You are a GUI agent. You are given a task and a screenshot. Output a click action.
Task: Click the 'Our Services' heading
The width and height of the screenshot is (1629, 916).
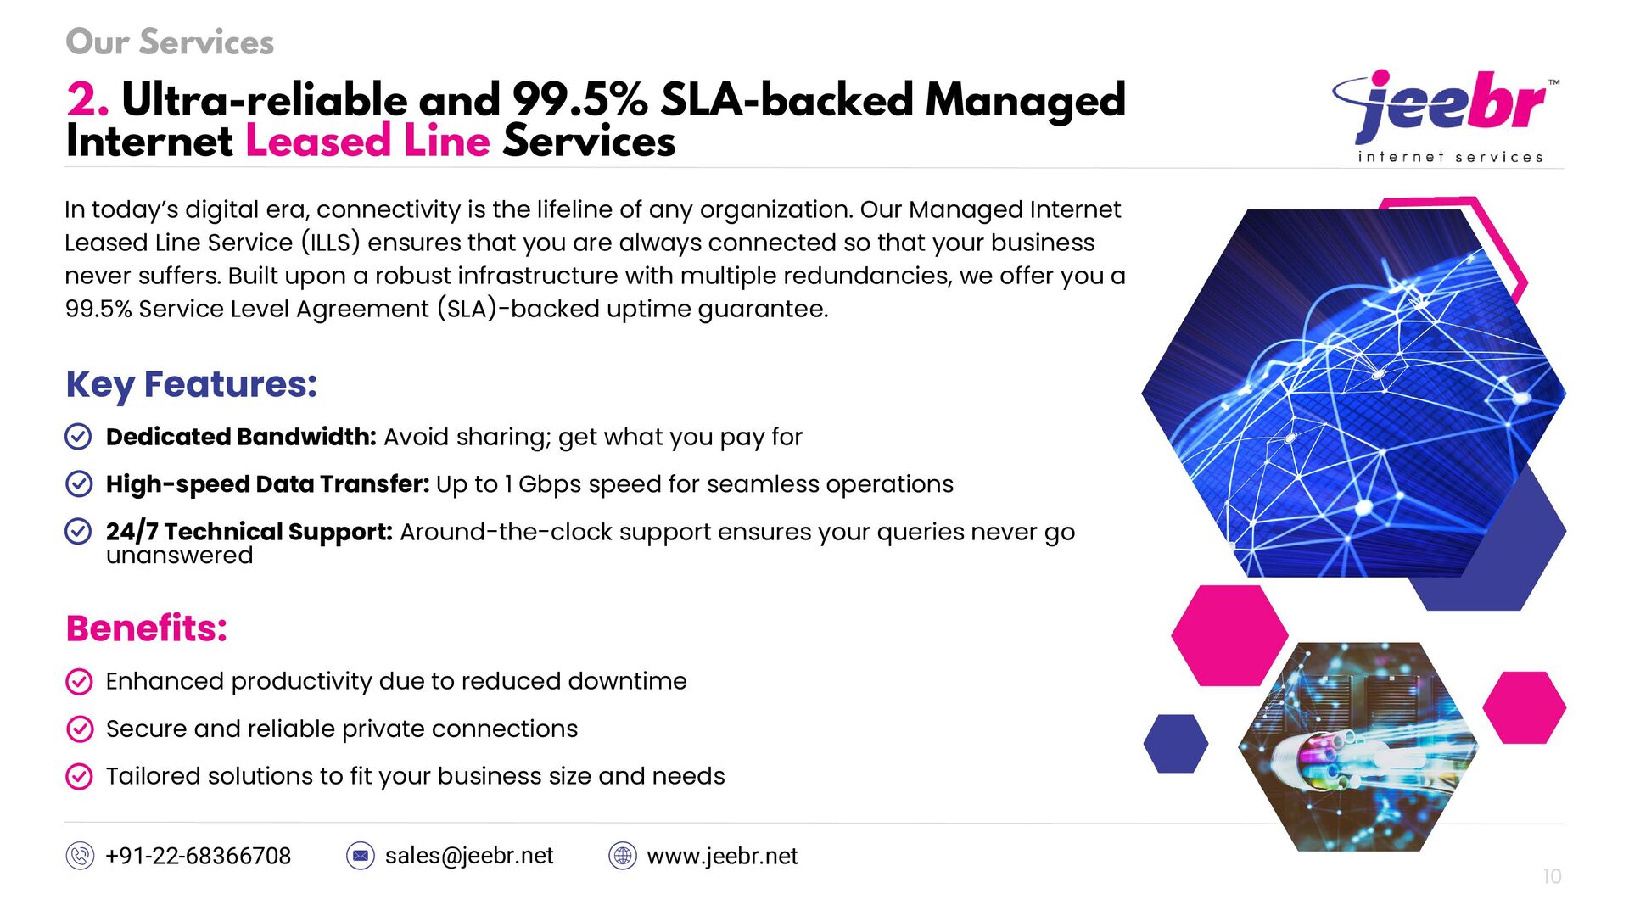(x=170, y=42)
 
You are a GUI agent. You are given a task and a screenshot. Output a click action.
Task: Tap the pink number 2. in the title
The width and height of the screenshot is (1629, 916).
(x=87, y=100)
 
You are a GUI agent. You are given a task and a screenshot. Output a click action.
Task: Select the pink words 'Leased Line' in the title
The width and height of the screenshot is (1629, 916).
(x=367, y=141)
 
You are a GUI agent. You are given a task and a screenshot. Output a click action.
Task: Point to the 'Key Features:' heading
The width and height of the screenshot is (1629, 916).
(x=192, y=384)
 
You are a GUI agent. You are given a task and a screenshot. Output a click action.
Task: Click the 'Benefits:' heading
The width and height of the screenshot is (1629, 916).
(x=147, y=628)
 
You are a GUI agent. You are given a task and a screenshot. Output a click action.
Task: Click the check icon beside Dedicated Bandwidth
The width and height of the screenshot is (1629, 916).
(x=78, y=437)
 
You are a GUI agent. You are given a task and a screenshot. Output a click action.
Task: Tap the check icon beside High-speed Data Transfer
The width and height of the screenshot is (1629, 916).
(x=78, y=484)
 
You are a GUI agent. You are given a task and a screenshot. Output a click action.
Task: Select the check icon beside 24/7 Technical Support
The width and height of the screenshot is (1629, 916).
(x=78, y=532)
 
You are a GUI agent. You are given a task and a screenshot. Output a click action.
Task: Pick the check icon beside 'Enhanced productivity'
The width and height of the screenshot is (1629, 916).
(x=79, y=681)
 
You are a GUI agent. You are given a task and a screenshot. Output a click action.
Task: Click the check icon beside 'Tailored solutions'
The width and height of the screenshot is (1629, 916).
(x=79, y=776)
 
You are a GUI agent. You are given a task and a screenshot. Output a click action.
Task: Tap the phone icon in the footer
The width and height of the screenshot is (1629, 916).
(x=80, y=856)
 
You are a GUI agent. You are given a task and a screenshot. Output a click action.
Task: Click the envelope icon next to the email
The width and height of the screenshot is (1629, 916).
(x=361, y=856)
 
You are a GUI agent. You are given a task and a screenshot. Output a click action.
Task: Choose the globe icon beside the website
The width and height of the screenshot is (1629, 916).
(x=623, y=856)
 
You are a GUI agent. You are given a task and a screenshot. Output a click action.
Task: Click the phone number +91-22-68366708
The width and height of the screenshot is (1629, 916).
(x=198, y=856)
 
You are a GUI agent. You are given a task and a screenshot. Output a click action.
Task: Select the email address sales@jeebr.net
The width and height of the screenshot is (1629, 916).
(x=469, y=856)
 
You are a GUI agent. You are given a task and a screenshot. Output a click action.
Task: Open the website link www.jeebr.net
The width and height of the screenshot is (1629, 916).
(x=722, y=856)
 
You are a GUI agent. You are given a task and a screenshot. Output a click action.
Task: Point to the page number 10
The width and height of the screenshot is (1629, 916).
(x=1552, y=876)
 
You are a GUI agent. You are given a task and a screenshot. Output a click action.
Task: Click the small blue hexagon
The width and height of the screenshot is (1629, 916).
(x=1175, y=744)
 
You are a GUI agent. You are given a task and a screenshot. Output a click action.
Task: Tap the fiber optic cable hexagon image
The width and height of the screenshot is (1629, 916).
(x=1357, y=746)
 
